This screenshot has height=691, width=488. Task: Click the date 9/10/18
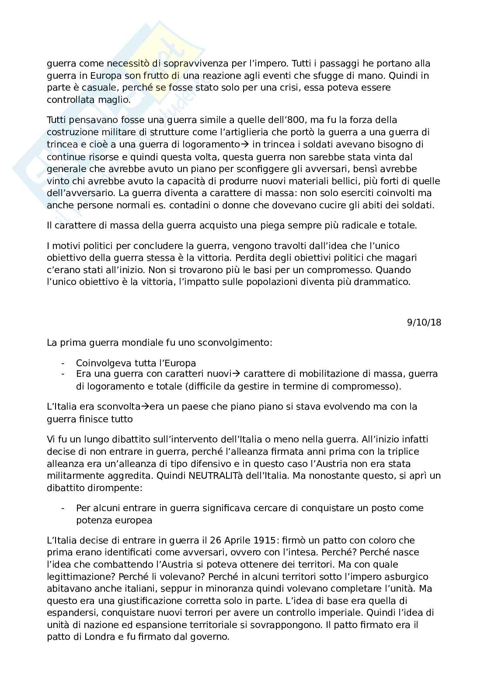pyautogui.click(x=424, y=323)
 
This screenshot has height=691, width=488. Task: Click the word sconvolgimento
pyautogui.click(x=237, y=342)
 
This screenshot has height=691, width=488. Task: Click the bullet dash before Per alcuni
pyautogui.click(x=63, y=508)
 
